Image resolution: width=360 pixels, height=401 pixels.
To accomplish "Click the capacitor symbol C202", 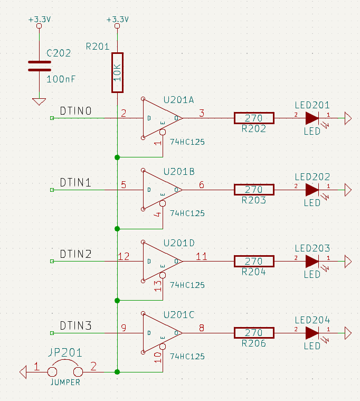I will (x=40, y=66).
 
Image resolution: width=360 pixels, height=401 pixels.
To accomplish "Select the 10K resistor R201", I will (x=117, y=72).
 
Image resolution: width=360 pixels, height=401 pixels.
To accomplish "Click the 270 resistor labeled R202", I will (x=254, y=118).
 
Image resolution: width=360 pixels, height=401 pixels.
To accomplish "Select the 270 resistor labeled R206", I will (x=254, y=333).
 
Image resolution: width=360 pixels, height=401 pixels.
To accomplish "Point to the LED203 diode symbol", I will (x=312, y=261).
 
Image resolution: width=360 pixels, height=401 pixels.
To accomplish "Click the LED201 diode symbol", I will (x=312, y=118).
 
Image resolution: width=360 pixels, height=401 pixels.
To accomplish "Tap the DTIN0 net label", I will (x=75, y=111).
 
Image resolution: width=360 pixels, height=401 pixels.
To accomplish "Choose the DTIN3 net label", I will (x=75, y=326).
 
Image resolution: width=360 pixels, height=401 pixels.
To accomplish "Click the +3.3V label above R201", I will (x=117, y=20).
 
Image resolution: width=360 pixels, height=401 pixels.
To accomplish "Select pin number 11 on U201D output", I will (x=201, y=257).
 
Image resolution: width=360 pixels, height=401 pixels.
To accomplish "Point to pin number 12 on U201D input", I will (x=124, y=257).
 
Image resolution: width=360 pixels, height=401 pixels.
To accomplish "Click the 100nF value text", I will (x=61, y=79).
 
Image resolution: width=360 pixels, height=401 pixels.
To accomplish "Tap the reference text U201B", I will (x=179, y=172).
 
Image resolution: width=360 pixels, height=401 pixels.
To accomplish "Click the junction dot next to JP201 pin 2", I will (x=117, y=372).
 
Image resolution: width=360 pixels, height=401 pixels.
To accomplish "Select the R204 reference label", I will (x=253, y=272).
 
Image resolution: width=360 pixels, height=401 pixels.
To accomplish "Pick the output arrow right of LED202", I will (x=348, y=190).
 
